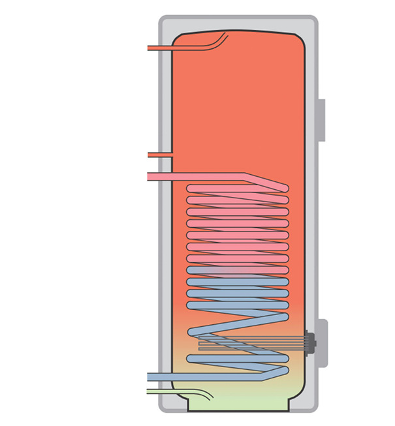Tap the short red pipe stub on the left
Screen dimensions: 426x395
coord(160,155)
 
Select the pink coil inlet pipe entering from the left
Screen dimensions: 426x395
coord(196,176)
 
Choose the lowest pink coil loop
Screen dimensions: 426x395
coord(237,258)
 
